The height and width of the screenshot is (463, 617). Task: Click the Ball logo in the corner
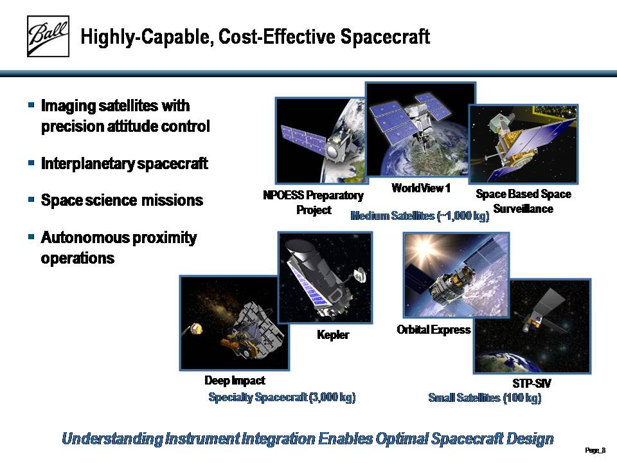pos(48,36)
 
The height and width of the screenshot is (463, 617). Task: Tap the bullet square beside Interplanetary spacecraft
pos(31,163)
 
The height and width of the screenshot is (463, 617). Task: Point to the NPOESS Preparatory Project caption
pos(313,203)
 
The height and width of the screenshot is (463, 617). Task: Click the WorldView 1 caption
pos(420,188)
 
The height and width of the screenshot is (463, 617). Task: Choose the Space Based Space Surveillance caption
pos(523,201)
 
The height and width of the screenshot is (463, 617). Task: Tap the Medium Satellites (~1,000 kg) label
pos(420,216)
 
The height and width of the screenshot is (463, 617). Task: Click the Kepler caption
pos(333,335)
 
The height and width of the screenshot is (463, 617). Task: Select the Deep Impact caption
pos(235,380)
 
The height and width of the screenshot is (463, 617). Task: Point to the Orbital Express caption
pos(434,329)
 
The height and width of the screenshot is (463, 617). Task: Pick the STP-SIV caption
pos(532,383)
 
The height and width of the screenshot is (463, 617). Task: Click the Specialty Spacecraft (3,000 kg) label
pos(282,397)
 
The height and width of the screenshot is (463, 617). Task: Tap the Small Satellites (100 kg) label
pos(485,397)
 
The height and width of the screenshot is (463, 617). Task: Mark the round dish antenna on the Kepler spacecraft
pos(360,275)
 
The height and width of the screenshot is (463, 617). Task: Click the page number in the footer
pos(595,450)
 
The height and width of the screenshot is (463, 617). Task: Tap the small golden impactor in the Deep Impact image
pos(196,328)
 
